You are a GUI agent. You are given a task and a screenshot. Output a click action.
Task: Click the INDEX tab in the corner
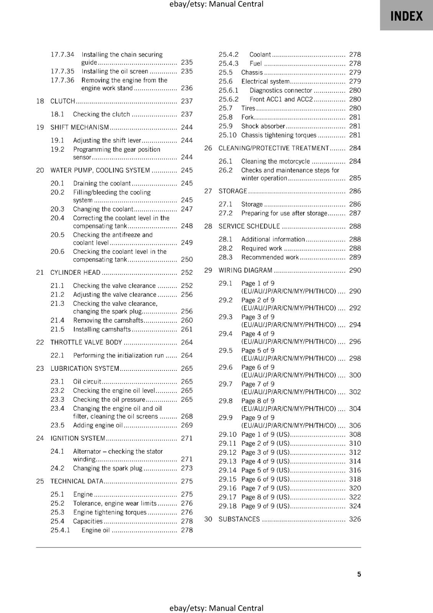[406, 16]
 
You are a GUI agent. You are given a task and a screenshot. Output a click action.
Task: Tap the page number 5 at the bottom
[359, 574]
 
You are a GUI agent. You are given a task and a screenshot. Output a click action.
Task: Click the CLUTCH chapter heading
[63, 101]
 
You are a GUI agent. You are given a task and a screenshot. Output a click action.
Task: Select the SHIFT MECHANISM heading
[80, 127]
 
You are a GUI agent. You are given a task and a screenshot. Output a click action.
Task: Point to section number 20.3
[57, 209]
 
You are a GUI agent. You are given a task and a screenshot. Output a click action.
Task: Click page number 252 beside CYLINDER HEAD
[187, 272]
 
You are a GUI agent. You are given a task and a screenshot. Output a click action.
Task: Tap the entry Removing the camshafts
[108, 320]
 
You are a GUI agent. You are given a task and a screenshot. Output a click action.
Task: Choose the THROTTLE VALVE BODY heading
[86, 343]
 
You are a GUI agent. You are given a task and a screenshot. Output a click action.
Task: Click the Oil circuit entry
[87, 382]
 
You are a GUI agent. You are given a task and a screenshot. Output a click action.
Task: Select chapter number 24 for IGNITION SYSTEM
[40, 438]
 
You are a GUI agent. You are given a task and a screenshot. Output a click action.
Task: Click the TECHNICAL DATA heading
[77, 481]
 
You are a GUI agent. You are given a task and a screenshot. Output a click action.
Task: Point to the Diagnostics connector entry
[280, 90]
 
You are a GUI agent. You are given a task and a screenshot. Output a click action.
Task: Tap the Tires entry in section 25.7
[248, 108]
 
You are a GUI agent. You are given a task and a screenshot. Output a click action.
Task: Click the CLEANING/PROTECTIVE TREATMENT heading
[274, 148]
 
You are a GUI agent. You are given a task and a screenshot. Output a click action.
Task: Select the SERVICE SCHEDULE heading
[249, 226]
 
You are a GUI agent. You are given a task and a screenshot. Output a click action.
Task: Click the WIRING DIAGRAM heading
[245, 270]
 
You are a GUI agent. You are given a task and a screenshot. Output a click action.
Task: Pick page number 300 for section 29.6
[355, 375]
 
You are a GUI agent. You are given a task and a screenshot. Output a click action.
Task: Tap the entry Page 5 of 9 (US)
[265, 470]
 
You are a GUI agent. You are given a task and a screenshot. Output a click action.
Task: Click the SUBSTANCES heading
[239, 519]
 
